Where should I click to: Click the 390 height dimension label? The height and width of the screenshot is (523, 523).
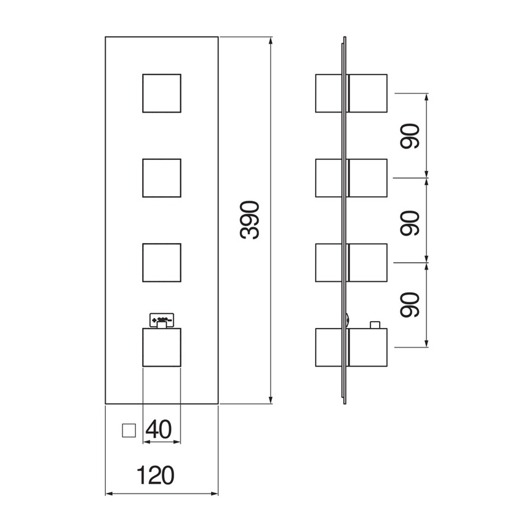click(250, 220)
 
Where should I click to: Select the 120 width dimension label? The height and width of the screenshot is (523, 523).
click(155, 474)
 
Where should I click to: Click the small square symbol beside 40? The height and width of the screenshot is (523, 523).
click(129, 429)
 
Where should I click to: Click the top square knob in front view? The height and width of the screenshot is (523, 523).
click(162, 94)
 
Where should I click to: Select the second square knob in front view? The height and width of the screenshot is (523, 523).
click(162, 178)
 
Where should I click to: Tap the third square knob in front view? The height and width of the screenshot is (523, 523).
click(162, 263)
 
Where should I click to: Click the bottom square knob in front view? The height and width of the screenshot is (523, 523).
click(162, 348)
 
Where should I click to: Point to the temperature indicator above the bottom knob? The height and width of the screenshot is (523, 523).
click(162, 319)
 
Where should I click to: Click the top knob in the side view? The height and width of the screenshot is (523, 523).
click(351, 94)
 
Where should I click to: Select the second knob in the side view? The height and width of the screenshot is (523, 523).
click(351, 178)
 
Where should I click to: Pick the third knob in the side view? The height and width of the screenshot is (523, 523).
click(351, 263)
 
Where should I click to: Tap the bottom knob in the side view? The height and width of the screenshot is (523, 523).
click(351, 348)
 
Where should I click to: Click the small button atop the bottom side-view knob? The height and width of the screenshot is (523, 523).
click(374, 324)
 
